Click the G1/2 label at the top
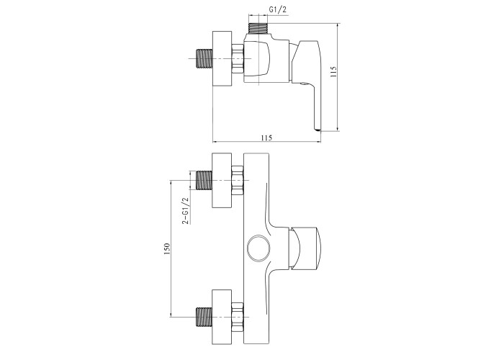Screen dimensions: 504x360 coord(277,10)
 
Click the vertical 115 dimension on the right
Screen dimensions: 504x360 coord(333,72)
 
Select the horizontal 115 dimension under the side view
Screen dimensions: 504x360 coord(266,138)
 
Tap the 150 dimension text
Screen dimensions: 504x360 coord(166,249)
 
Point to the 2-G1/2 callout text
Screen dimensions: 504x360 coord(186,210)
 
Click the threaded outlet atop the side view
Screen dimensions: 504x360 coord(258,28)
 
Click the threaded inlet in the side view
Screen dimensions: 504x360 coord(204,58)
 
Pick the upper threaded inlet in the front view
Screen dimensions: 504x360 coord(204,180)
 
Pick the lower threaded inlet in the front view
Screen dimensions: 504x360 coord(204,317)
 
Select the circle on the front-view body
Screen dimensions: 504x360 coord(258,248)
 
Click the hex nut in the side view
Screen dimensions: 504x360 coord(238,59)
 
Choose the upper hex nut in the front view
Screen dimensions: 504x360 coord(238,180)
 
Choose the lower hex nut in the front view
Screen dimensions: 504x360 coord(238,318)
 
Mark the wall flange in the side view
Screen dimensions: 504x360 coord(222,59)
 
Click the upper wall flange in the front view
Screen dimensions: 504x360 coord(222,180)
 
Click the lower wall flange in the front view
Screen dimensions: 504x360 coord(222,318)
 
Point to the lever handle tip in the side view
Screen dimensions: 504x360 coord(318,130)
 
